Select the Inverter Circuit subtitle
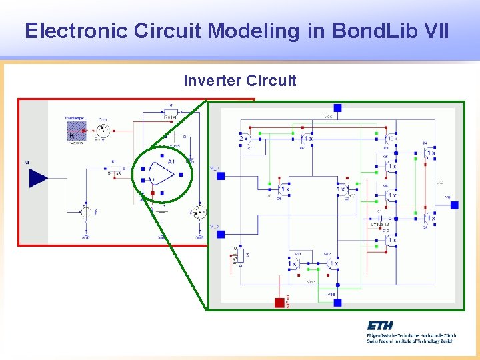tap(239, 81)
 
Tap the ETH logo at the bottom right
tap(380, 325)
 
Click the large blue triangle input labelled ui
tap(38, 178)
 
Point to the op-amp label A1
tap(171, 162)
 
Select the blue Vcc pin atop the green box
tap(337, 108)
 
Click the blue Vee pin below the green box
tap(337, 302)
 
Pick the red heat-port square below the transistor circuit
tap(279, 303)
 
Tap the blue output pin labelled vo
tap(454, 205)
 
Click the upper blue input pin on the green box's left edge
tap(221, 176)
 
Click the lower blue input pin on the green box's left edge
tap(221, 234)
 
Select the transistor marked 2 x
tap(245, 139)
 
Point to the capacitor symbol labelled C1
tap(379, 218)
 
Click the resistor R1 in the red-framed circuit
tap(114, 173)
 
